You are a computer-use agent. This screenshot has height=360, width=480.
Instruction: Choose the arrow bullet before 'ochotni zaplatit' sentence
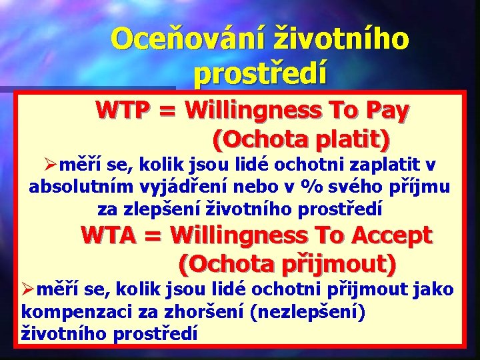(x=47, y=165)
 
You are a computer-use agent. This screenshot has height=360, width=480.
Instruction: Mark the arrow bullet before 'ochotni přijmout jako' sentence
(x=29, y=290)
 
